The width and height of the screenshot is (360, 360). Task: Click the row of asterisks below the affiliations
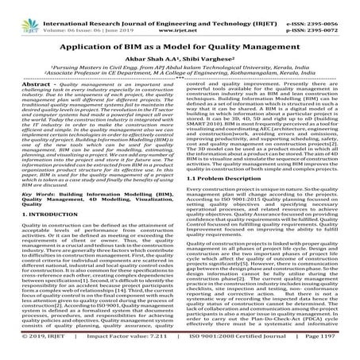click(180, 78)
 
